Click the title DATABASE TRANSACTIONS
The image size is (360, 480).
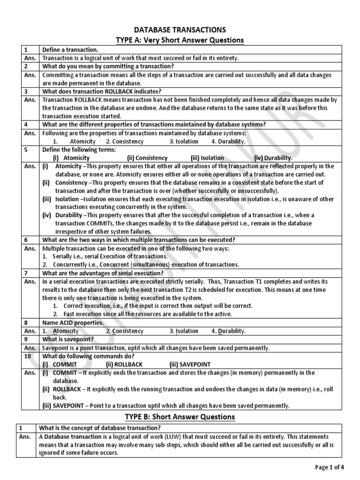[x=180, y=30]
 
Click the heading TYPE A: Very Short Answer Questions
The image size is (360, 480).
[x=180, y=40]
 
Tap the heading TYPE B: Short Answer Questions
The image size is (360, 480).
[x=180, y=417]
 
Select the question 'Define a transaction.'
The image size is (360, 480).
[x=70, y=50]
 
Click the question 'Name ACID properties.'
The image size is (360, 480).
[x=73, y=322]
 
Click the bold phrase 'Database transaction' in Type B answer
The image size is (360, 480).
[x=72, y=436]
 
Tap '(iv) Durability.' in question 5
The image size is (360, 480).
[x=273, y=158]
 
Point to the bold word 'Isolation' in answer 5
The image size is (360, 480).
[x=67, y=199]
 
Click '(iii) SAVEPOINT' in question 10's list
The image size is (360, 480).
[x=190, y=364]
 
